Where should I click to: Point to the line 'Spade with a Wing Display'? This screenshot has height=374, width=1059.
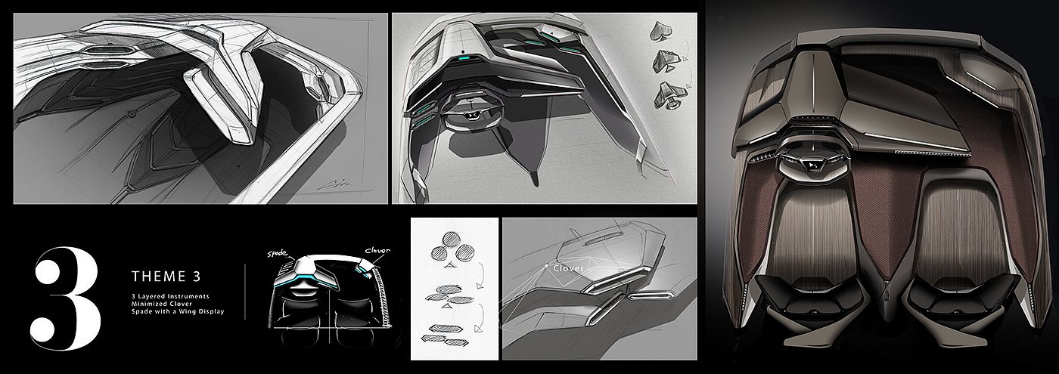click(x=177, y=311)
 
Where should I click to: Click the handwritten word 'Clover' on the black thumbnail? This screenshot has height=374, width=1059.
click(x=376, y=251)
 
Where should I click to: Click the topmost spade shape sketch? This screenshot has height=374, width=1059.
click(x=659, y=29)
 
